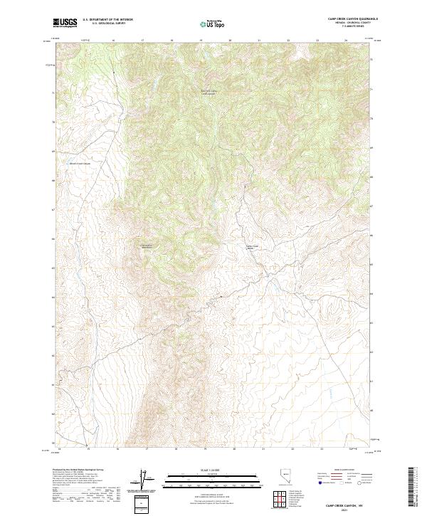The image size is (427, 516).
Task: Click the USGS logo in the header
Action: click(x=64, y=23)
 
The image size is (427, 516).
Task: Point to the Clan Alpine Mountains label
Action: click(x=147, y=246)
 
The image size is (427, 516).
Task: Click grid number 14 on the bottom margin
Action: click(x=59, y=449)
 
